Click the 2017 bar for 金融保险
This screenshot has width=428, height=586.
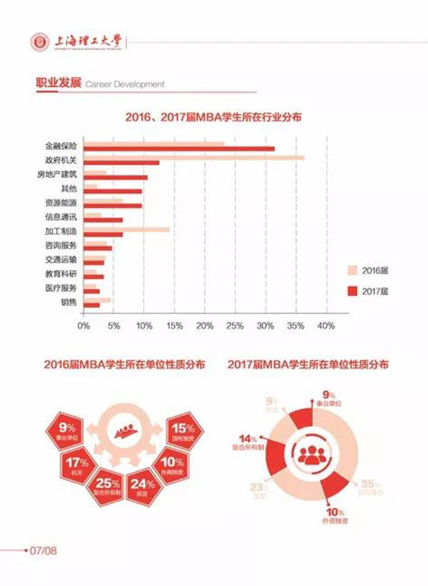tap(178, 148)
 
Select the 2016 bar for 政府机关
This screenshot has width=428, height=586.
tap(193, 157)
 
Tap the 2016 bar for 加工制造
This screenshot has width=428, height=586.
tap(126, 230)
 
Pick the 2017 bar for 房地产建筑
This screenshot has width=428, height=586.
tap(115, 177)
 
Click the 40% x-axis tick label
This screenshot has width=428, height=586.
tap(326, 325)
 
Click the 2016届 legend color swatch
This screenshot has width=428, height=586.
tap(352, 271)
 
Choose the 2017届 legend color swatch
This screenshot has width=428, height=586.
tap(352, 291)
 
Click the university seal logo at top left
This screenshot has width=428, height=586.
tap(39, 43)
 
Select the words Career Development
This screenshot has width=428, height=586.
tap(125, 84)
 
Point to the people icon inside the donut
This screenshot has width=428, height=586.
tap(311, 453)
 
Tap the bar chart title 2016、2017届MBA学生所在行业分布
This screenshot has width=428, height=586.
tap(213, 116)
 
